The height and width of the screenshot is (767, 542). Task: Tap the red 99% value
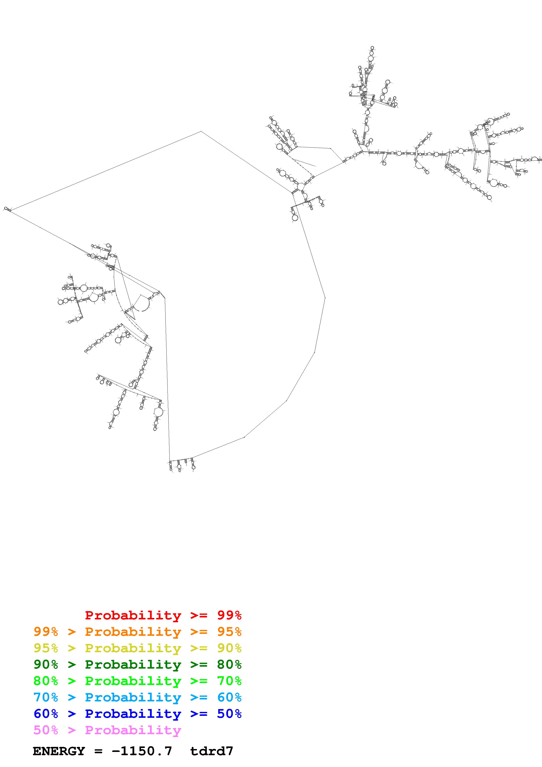point(229,615)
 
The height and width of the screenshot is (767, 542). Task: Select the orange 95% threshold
point(229,632)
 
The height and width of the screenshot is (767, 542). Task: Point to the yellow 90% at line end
point(229,648)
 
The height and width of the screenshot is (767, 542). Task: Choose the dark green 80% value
point(229,664)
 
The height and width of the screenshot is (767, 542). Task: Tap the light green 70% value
point(229,681)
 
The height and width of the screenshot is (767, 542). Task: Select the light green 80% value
point(46,681)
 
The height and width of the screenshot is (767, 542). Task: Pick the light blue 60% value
point(229,697)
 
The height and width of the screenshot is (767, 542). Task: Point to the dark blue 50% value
point(229,714)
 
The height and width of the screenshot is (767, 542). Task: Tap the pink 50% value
point(46,730)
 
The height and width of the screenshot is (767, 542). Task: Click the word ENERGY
point(59,751)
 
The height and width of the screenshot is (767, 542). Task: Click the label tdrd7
point(211,751)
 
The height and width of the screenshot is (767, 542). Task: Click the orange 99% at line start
point(46,632)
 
